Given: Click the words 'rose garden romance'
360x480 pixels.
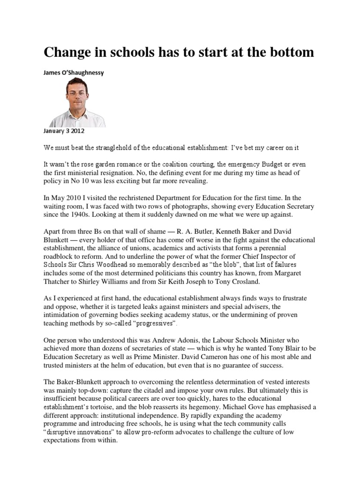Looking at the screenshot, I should (117, 165).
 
